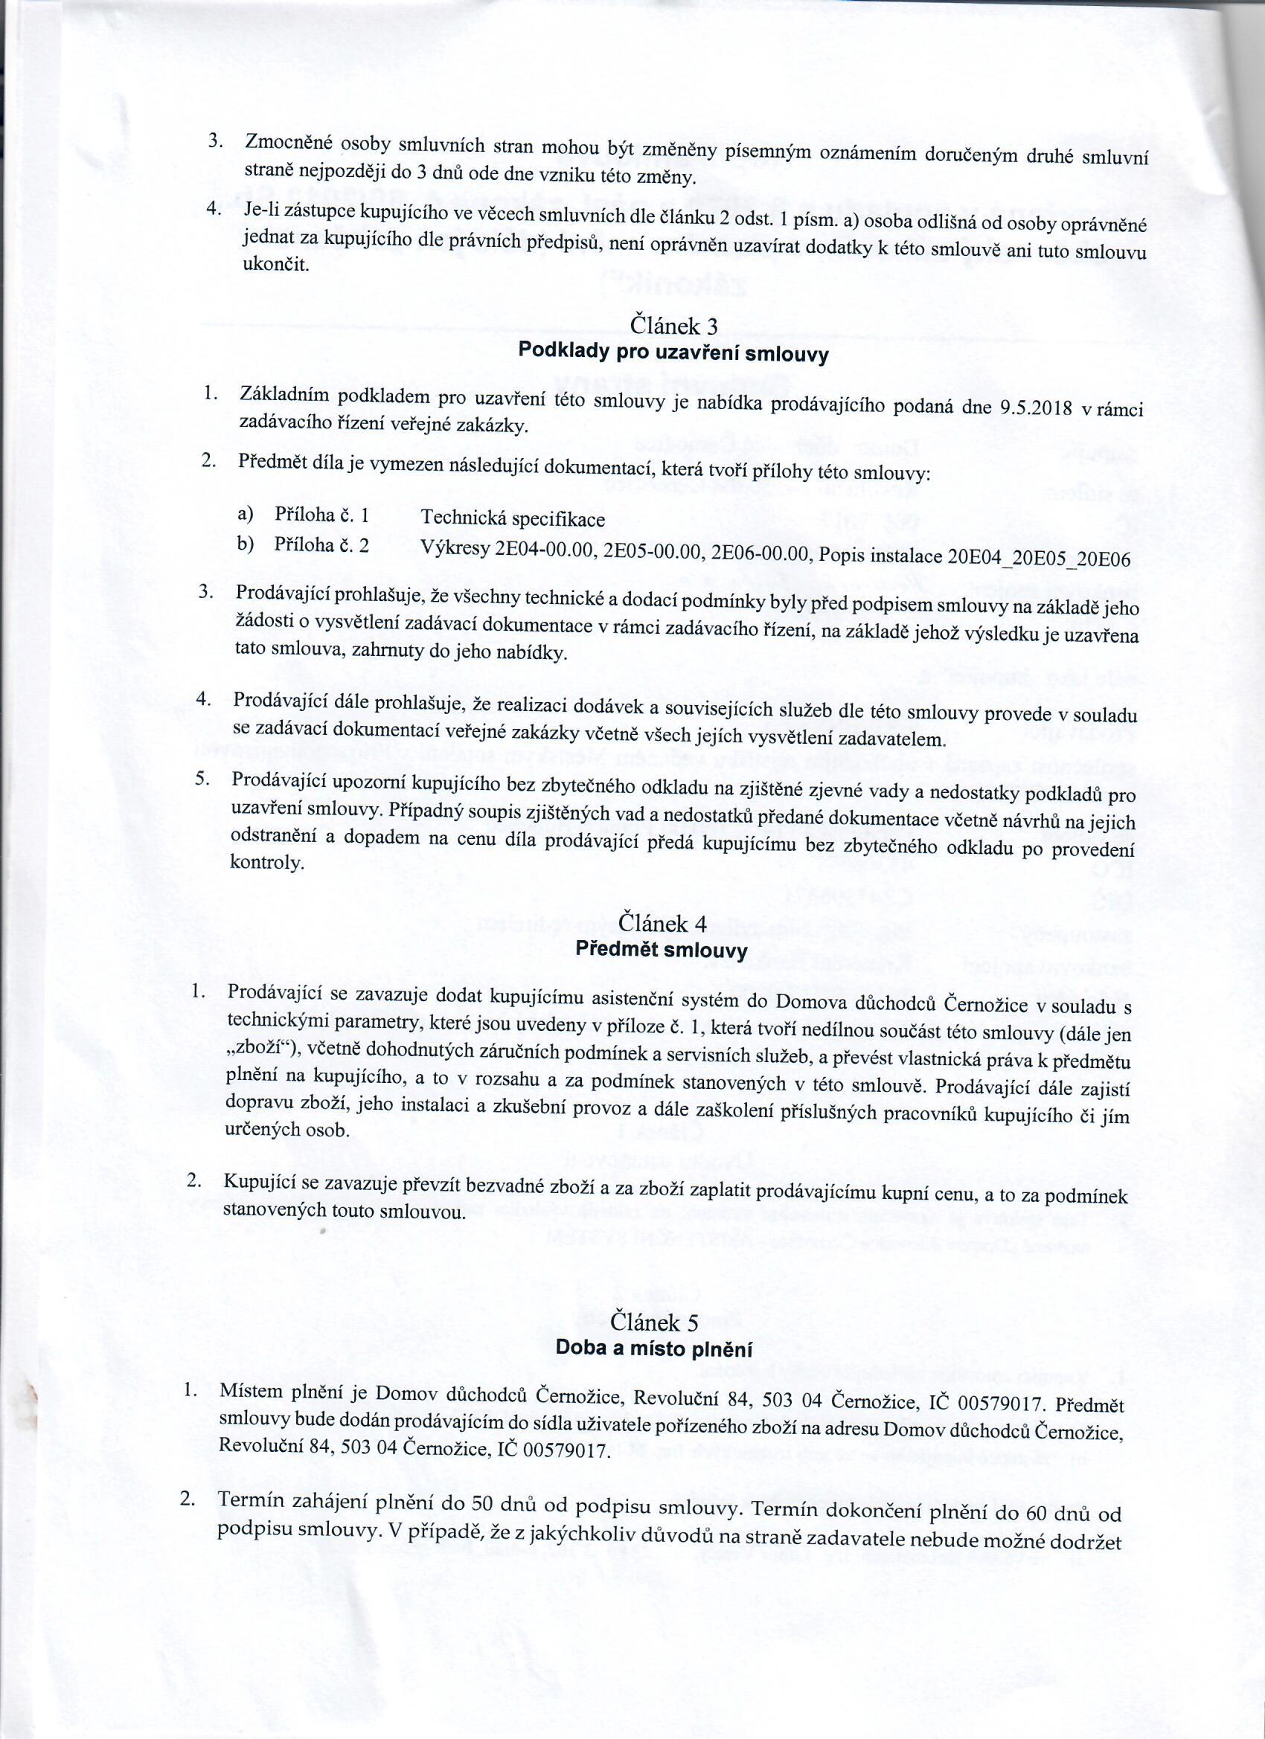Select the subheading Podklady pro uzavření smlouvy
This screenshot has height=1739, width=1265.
pyautogui.click(x=673, y=353)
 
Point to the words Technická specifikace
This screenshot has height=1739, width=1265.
pyautogui.click(x=513, y=520)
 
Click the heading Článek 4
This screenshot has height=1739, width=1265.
pyautogui.click(x=663, y=923)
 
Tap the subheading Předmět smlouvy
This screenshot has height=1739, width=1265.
pyautogui.click(x=662, y=951)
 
